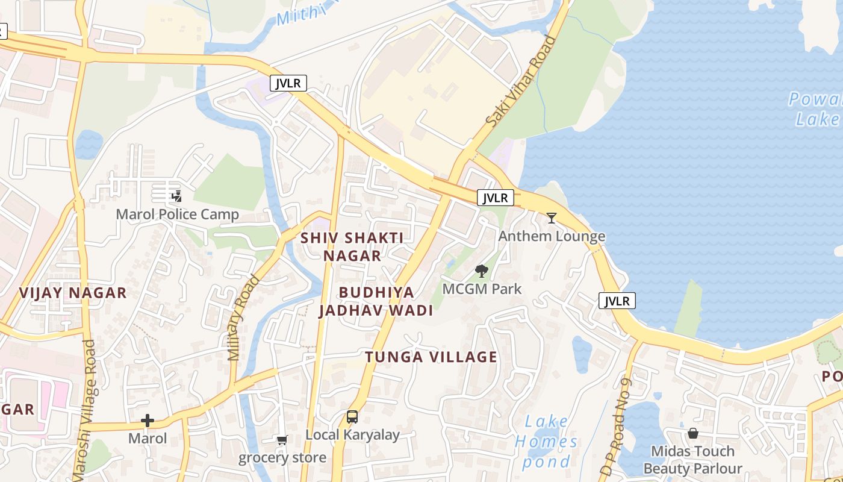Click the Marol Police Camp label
click(177, 214)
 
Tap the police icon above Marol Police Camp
click(176, 196)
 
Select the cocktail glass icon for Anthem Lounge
click(552, 218)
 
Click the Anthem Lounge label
click(552, 236)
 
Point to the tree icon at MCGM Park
click(481, 271)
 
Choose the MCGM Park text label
click(482, 289)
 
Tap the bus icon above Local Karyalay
click(352, 416)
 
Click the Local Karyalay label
click(352, 434)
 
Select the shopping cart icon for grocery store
click(282, 440)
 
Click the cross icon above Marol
click(148, 421)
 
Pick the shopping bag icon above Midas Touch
click(693, 433)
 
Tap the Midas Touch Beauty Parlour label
click(692, 460)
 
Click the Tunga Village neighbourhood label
click(431, 357)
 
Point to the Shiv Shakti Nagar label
click(352, 246)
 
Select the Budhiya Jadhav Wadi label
click(376, 301)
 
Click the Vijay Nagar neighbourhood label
click(73, 293)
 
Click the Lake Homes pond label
click(546, 442)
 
